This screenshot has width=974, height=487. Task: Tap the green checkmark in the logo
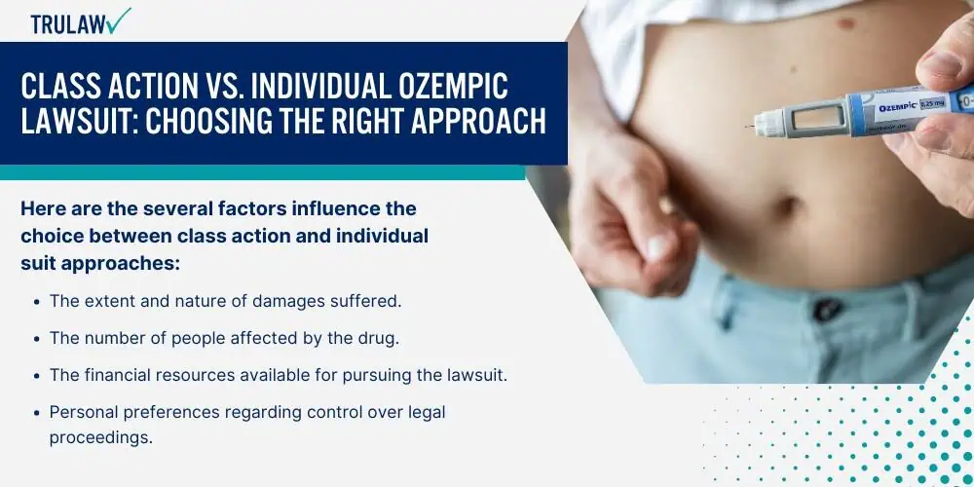pyautogui.click(x=118, y=20)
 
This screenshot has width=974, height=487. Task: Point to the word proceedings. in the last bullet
pyautogui.click(x=100, y=438)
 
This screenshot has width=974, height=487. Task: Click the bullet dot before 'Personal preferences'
pyautogui.click(x=37, y=413)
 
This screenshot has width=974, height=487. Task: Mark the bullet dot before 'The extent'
pyautogui.click(x=37, y=303)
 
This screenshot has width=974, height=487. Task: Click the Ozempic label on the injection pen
pyautogui.click(x=898, y=107)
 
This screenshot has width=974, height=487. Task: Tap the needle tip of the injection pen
pyautogui.click(x=746, y=128)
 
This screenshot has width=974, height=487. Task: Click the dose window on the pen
pyautogui.click(x=820, y=117)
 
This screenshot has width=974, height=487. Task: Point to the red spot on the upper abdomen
pyautogui.click(x=845, y=24)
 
